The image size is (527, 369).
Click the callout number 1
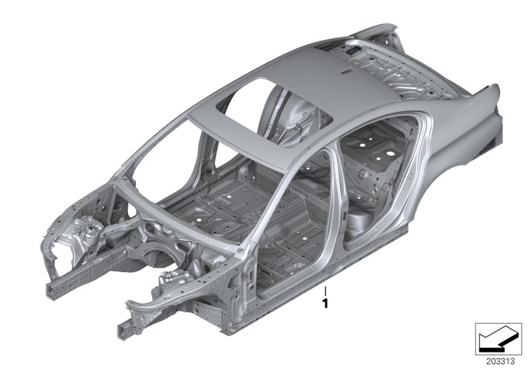click(x=325, y=304)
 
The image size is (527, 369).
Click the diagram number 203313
click(x=501, y=362)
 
